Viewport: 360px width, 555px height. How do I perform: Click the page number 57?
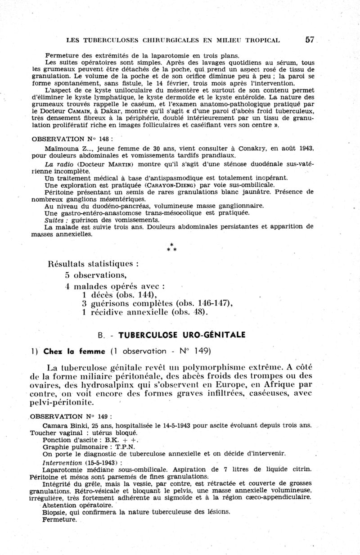point(309,40)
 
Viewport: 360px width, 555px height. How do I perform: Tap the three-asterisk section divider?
point(171,247)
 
